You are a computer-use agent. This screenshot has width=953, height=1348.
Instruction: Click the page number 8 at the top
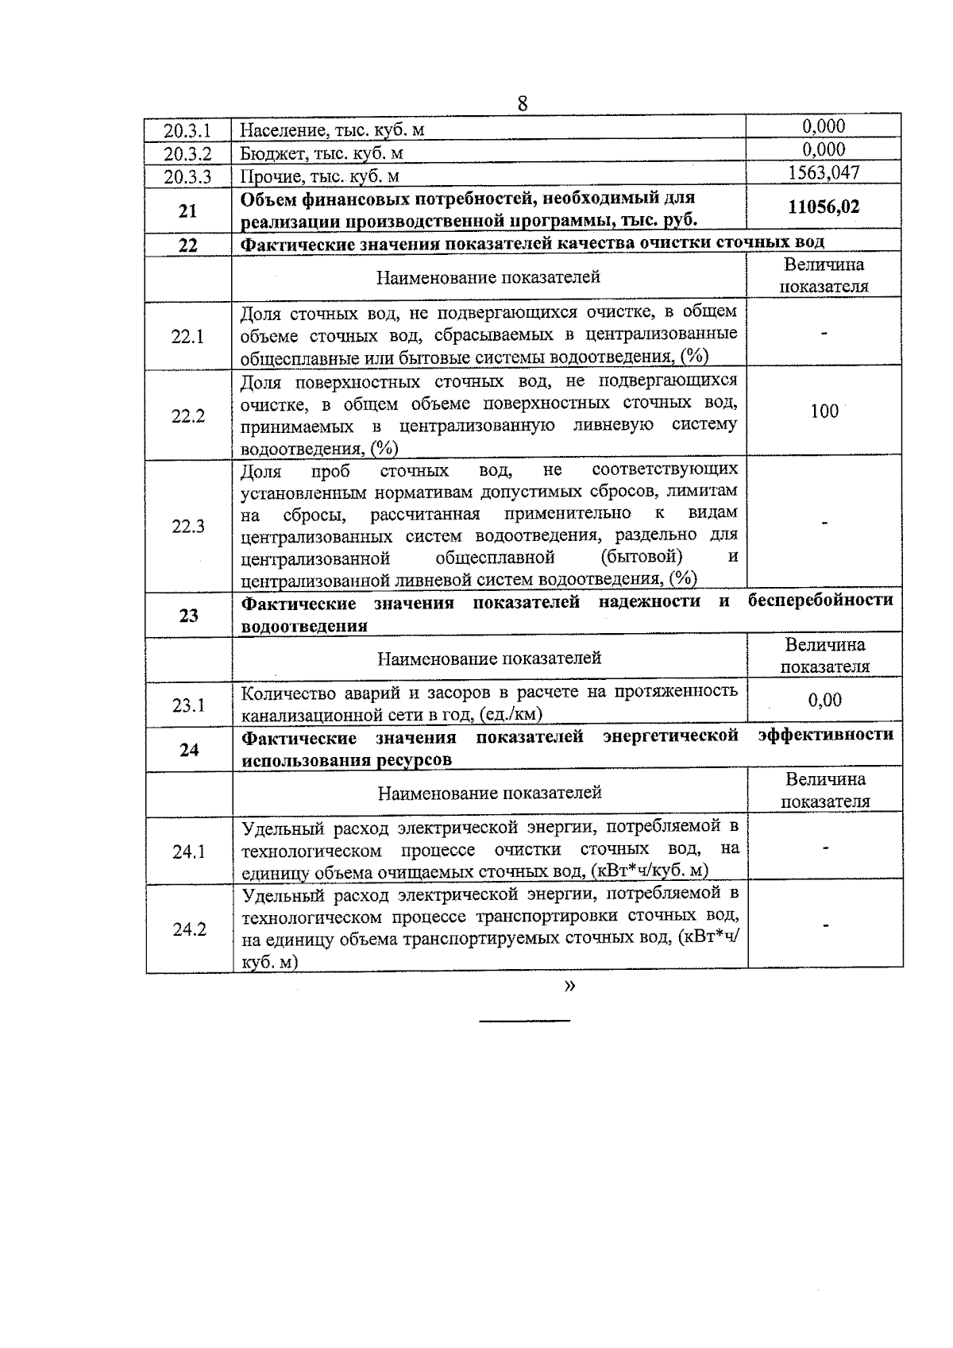pos(522,103)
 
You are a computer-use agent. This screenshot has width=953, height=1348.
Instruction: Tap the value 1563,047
pos(824,172)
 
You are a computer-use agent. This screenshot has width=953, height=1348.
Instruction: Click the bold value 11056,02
pos(824,207)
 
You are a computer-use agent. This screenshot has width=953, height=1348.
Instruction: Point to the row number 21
pos(187,211)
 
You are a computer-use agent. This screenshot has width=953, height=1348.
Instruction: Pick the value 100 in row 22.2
pos(824,411)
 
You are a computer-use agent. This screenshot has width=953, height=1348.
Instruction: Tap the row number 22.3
pos(188,526)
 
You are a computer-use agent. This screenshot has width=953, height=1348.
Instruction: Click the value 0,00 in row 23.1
pos(825,700)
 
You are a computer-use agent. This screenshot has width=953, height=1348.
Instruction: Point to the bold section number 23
pos(188,615)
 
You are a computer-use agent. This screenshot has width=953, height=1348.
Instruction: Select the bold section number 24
pos(189,749)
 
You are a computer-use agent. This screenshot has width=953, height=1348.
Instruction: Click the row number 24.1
pos(189,852)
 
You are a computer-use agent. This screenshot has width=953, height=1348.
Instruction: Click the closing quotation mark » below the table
pos(569,986)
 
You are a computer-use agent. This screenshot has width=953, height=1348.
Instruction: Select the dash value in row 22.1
pos(824,334)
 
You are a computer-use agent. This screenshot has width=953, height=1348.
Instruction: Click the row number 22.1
pos(188,336)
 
